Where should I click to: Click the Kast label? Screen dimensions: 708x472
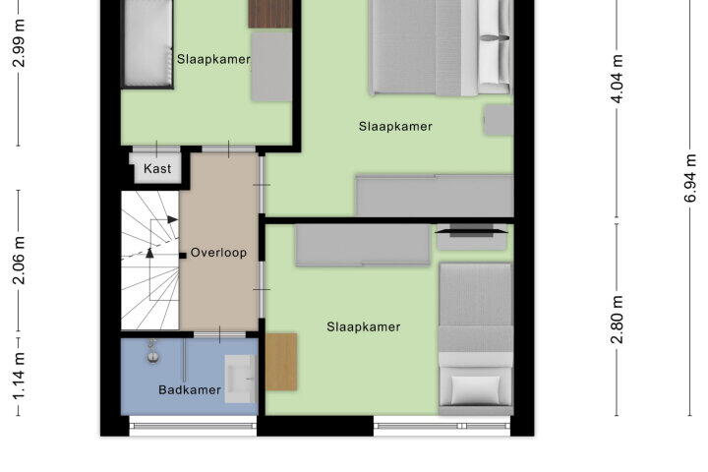click(x=157, y=168)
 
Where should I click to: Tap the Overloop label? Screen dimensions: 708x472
click(x=218, y=253)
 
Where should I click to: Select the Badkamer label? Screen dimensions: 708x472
click(x=190, y=389)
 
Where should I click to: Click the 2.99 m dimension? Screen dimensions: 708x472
click(x=19, y=43)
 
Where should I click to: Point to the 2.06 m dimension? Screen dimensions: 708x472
click(x=19, y=261)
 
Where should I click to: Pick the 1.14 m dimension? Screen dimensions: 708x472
click(x=19, y=377)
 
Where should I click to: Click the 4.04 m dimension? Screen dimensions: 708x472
click(x=618, y=79)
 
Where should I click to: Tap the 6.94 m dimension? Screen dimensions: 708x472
click(x=690, y=178)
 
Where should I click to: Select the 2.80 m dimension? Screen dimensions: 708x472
click(x=618, y=320)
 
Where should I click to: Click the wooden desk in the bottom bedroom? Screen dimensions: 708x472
click(x=281, y=362)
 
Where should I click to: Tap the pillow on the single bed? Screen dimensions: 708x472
click(x=476, y=389)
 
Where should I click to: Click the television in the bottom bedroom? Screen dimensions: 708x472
click(x=471, y=231)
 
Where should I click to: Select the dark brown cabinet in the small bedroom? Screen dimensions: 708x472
click(x=270, y=14)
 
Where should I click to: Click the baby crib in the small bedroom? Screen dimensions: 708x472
click(x=147, y=43)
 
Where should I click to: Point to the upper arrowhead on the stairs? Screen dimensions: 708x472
click(x=172, y=219)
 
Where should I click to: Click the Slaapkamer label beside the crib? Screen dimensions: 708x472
click(x=213, y=59)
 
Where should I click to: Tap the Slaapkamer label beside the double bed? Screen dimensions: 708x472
click(x=395, y=127)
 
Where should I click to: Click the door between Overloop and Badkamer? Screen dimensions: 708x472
click(x=219, y=334)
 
